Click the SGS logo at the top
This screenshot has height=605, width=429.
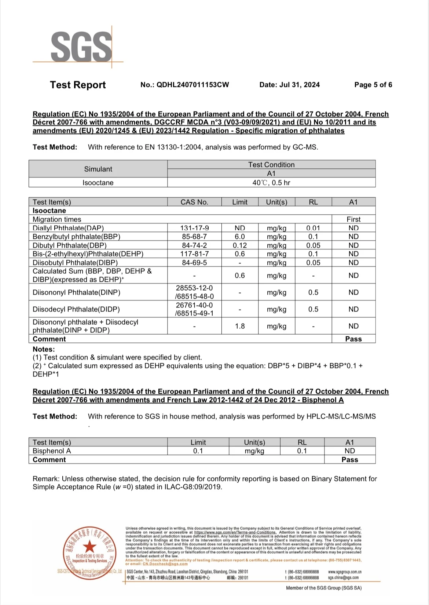click(x=81, y=47)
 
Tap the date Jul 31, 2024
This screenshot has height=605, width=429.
click(x=289, y=85)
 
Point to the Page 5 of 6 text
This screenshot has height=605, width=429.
click(x=373, y=85)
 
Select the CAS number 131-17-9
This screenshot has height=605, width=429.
click(x=194, y=228)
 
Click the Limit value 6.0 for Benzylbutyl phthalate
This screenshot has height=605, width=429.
click(x=240, y=237)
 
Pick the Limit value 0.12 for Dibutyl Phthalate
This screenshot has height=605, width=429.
click(x=240, y=245)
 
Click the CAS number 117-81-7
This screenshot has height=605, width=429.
click(x=194, y=254)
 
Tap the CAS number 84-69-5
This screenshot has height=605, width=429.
click(x=194, y=263)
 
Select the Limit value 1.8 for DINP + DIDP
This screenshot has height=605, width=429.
click(x=240, y=326)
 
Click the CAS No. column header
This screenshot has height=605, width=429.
click(x=194, y=202)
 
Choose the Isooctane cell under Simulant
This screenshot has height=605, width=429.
click(x=98, y=183)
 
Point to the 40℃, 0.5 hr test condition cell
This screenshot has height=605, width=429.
click(x=271, y=183)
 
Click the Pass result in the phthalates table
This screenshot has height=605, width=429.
click(x=353, y=339)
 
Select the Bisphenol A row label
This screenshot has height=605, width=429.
click(x=52, y=451)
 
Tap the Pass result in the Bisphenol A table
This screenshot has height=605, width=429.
click(x=350, y=460)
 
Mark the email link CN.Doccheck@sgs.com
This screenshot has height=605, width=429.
click(x=165, y=564)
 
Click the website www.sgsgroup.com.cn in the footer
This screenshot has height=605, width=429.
click(x=345, y=572)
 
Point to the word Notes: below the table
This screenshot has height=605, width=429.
click(x=44, y=349)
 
